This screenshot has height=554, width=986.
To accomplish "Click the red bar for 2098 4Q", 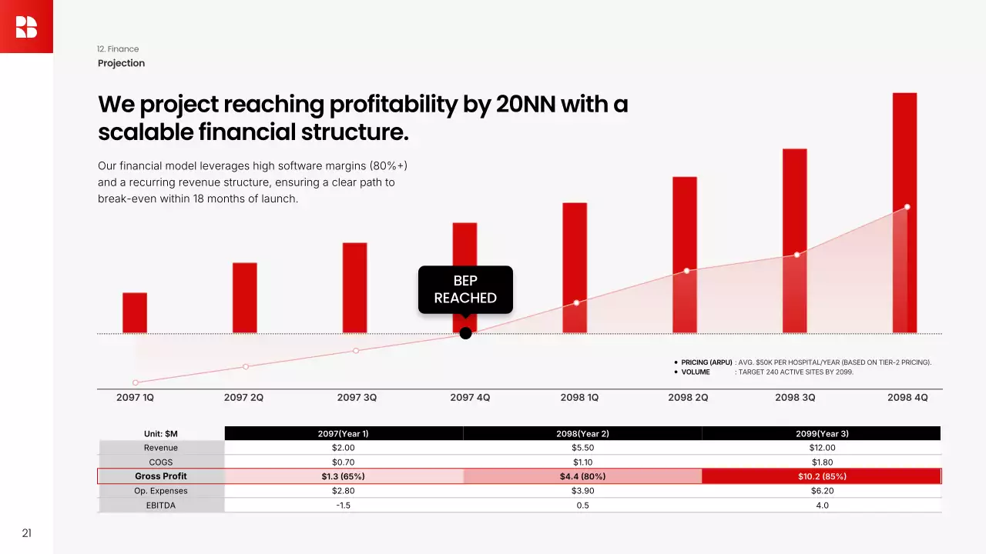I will [x=904, y=213].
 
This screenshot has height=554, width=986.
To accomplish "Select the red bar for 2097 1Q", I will [x=135, y=312].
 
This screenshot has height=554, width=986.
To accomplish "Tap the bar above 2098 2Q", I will [x=685, y=255].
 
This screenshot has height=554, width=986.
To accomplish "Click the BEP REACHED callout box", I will [x=465, y=289].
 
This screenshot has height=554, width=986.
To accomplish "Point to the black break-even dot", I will [x=465, y=333].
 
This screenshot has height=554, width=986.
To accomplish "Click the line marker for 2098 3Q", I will [x=797, y=255].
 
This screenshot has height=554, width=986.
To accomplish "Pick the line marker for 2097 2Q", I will [x=246, y=366].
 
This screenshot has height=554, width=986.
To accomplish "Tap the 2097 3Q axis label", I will [x=357, y=398].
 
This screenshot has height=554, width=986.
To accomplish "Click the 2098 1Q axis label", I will [x=579, y=398].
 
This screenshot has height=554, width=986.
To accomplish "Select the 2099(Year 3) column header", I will [x=822, y=434].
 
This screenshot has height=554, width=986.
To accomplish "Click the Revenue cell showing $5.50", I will [x=582, y=448].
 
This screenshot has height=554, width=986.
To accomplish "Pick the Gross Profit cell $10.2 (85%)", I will [x=822, y=476].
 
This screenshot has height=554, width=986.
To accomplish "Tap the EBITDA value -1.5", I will [x=344, y=506].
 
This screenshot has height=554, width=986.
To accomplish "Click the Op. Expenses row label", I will [x=161, y=491].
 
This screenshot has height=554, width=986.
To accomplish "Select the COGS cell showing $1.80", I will [x=822, y=462].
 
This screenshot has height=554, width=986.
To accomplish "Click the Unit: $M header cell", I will [x=161, y=434].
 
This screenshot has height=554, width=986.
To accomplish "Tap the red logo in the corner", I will [x=26, y=26].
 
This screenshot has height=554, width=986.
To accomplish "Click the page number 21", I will [x=26, y=533].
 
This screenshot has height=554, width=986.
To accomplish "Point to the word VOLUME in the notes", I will [x=696, y=372].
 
